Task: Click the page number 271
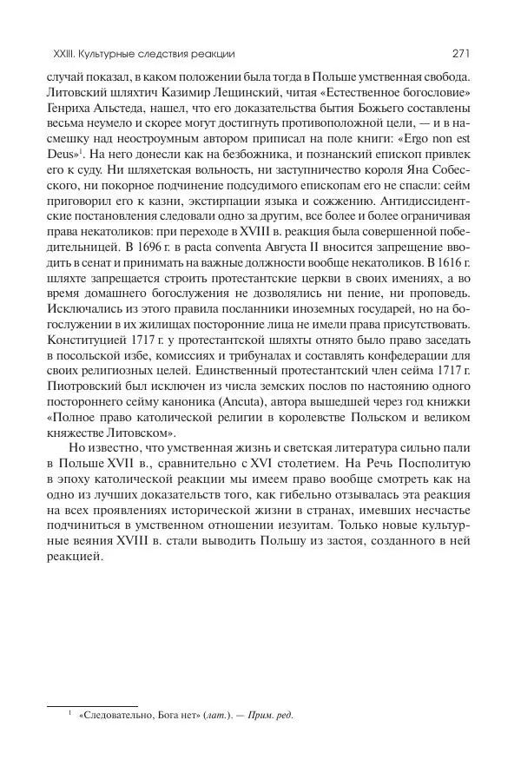(461, 54)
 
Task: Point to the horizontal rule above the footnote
(91, 705)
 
